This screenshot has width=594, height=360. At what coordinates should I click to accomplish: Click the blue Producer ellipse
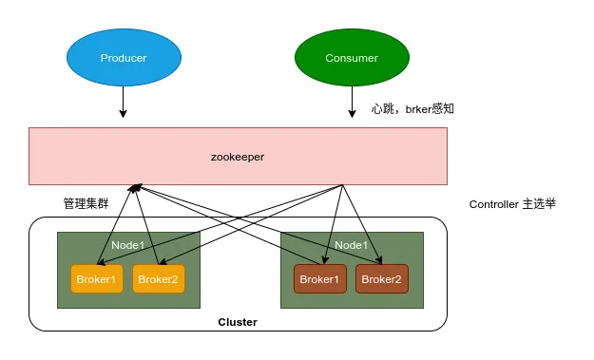pos(124,58)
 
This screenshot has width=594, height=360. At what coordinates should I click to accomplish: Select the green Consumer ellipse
pos(352,58)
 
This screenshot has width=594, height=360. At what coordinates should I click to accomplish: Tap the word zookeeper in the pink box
pos(238,157)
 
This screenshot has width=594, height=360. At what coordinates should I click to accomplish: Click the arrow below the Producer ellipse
pos(123,102)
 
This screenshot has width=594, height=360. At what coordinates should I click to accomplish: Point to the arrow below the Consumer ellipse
pos(352,102)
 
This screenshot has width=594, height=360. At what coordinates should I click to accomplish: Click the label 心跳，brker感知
pos(412,109)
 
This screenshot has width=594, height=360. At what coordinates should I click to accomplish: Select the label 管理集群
pos(86,203)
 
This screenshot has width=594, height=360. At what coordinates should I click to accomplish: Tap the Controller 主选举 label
pos(512,204)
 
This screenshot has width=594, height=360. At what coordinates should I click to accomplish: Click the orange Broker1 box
pos(97,279)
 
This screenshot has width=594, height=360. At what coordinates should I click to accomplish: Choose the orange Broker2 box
pos(159,279)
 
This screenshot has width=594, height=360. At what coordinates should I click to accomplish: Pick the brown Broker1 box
pos(320,279)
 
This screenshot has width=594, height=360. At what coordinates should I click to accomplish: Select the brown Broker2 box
pos(382,279)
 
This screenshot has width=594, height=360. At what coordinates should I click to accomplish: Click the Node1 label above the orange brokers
pos(128,245)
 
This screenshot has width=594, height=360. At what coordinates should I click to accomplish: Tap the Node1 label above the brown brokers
pos(351,245)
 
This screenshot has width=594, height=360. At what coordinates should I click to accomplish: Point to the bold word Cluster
pos(238,322)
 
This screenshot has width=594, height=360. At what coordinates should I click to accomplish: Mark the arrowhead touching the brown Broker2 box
pos(379,260)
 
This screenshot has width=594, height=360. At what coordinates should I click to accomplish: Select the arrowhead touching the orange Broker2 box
pos(163,261)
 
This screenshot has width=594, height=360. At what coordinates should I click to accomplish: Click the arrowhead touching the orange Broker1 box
pos(101,262)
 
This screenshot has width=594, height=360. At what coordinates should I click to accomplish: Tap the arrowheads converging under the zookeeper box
pos(135,188)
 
